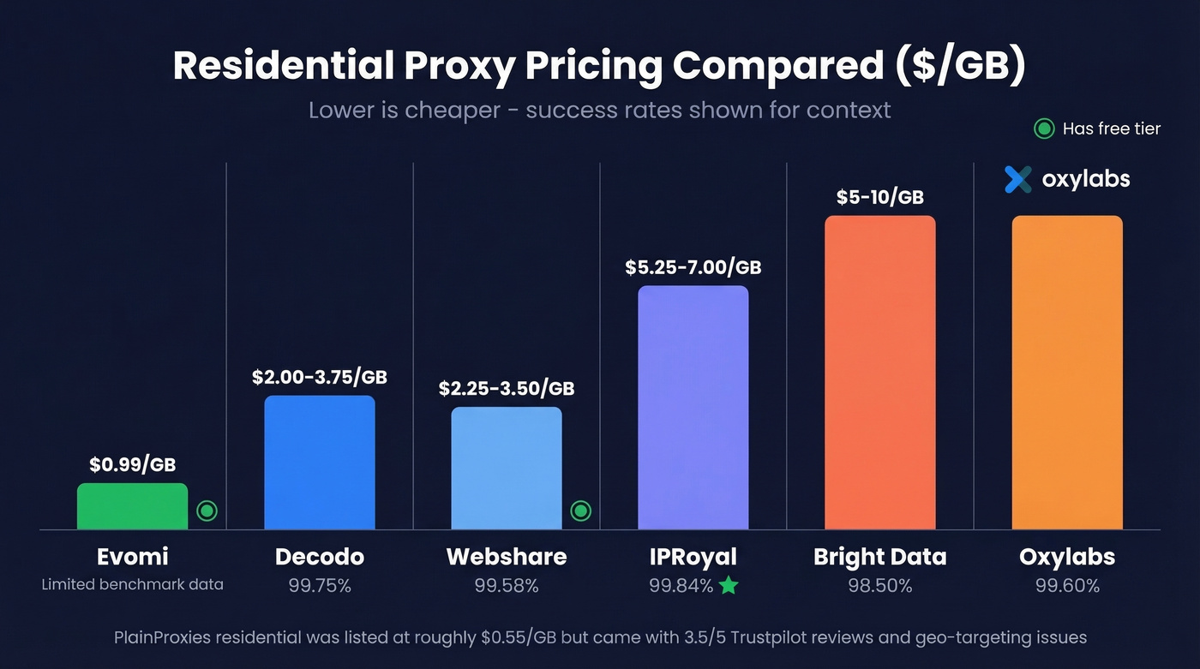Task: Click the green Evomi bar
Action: pos(132,506)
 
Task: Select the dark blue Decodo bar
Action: pos(319,463)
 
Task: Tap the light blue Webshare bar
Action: pos(506,468)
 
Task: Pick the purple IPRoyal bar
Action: pos(693,408)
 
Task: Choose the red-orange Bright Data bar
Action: pos(879,373)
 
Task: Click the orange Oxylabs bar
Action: pos(1066,373)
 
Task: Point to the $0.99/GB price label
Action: pos(132,464)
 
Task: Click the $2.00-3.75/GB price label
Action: pos(319,377)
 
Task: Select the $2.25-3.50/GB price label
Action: pos(506,388)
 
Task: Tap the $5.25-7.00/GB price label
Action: pos(693,267)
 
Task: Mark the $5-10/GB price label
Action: pos(879,197)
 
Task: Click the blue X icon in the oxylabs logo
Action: pos(1018,179)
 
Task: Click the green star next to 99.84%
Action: pos(728,586)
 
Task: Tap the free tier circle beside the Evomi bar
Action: pos(207,511)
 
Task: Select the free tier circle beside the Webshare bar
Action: pos(580,511)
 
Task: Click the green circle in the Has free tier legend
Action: pos(1043,129)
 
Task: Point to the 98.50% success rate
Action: pos(879,586)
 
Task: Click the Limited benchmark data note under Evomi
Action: pos(132,584)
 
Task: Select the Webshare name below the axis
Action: pos(506,557)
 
